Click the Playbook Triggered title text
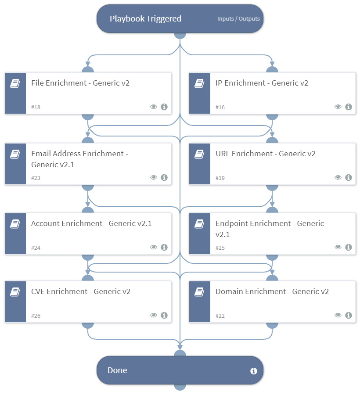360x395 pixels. (x=145, y=19)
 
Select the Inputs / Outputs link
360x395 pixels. (x=238, y=19)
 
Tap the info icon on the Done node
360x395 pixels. (x=253, y=371)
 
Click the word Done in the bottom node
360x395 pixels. (x=117, y=370)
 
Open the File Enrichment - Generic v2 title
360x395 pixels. (x=80, y=83)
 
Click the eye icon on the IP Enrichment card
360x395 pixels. (x=338, y=107)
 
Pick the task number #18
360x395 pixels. (x=36, y=107)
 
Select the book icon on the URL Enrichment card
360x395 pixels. (x=200, y=154)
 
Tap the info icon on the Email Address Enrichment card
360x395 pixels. (x=164, y=177)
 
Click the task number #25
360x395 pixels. (x=220, y=248)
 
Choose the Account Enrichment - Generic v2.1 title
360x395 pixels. (x=91, y=223)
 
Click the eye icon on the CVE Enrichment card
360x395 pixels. (x=154, y=315)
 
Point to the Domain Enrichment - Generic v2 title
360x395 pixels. (x=272, y=291)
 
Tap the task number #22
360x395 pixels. (x=220, y=316)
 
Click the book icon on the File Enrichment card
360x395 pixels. (x=15, y=83)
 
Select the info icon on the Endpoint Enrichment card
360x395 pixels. (x=349, y=247)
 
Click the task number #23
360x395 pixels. (x=36, y=178)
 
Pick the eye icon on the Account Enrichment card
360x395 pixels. (x=154, y=247)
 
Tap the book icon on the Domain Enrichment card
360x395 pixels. (x=200, y=292)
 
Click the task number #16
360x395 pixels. (x=220, y=107)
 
